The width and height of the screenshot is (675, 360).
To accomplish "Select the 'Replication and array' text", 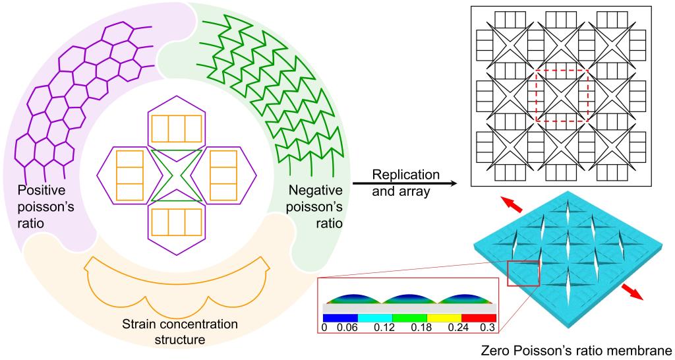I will pos(405,183).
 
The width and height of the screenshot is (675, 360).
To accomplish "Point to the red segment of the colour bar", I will pos(479,317).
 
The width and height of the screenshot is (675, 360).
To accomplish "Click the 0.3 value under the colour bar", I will pos(488,327).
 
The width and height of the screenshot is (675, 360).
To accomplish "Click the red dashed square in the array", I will pos(562,96).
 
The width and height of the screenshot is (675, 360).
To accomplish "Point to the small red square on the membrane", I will pos(522,273).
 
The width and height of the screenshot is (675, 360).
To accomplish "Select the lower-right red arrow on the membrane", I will pos(633,295).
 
